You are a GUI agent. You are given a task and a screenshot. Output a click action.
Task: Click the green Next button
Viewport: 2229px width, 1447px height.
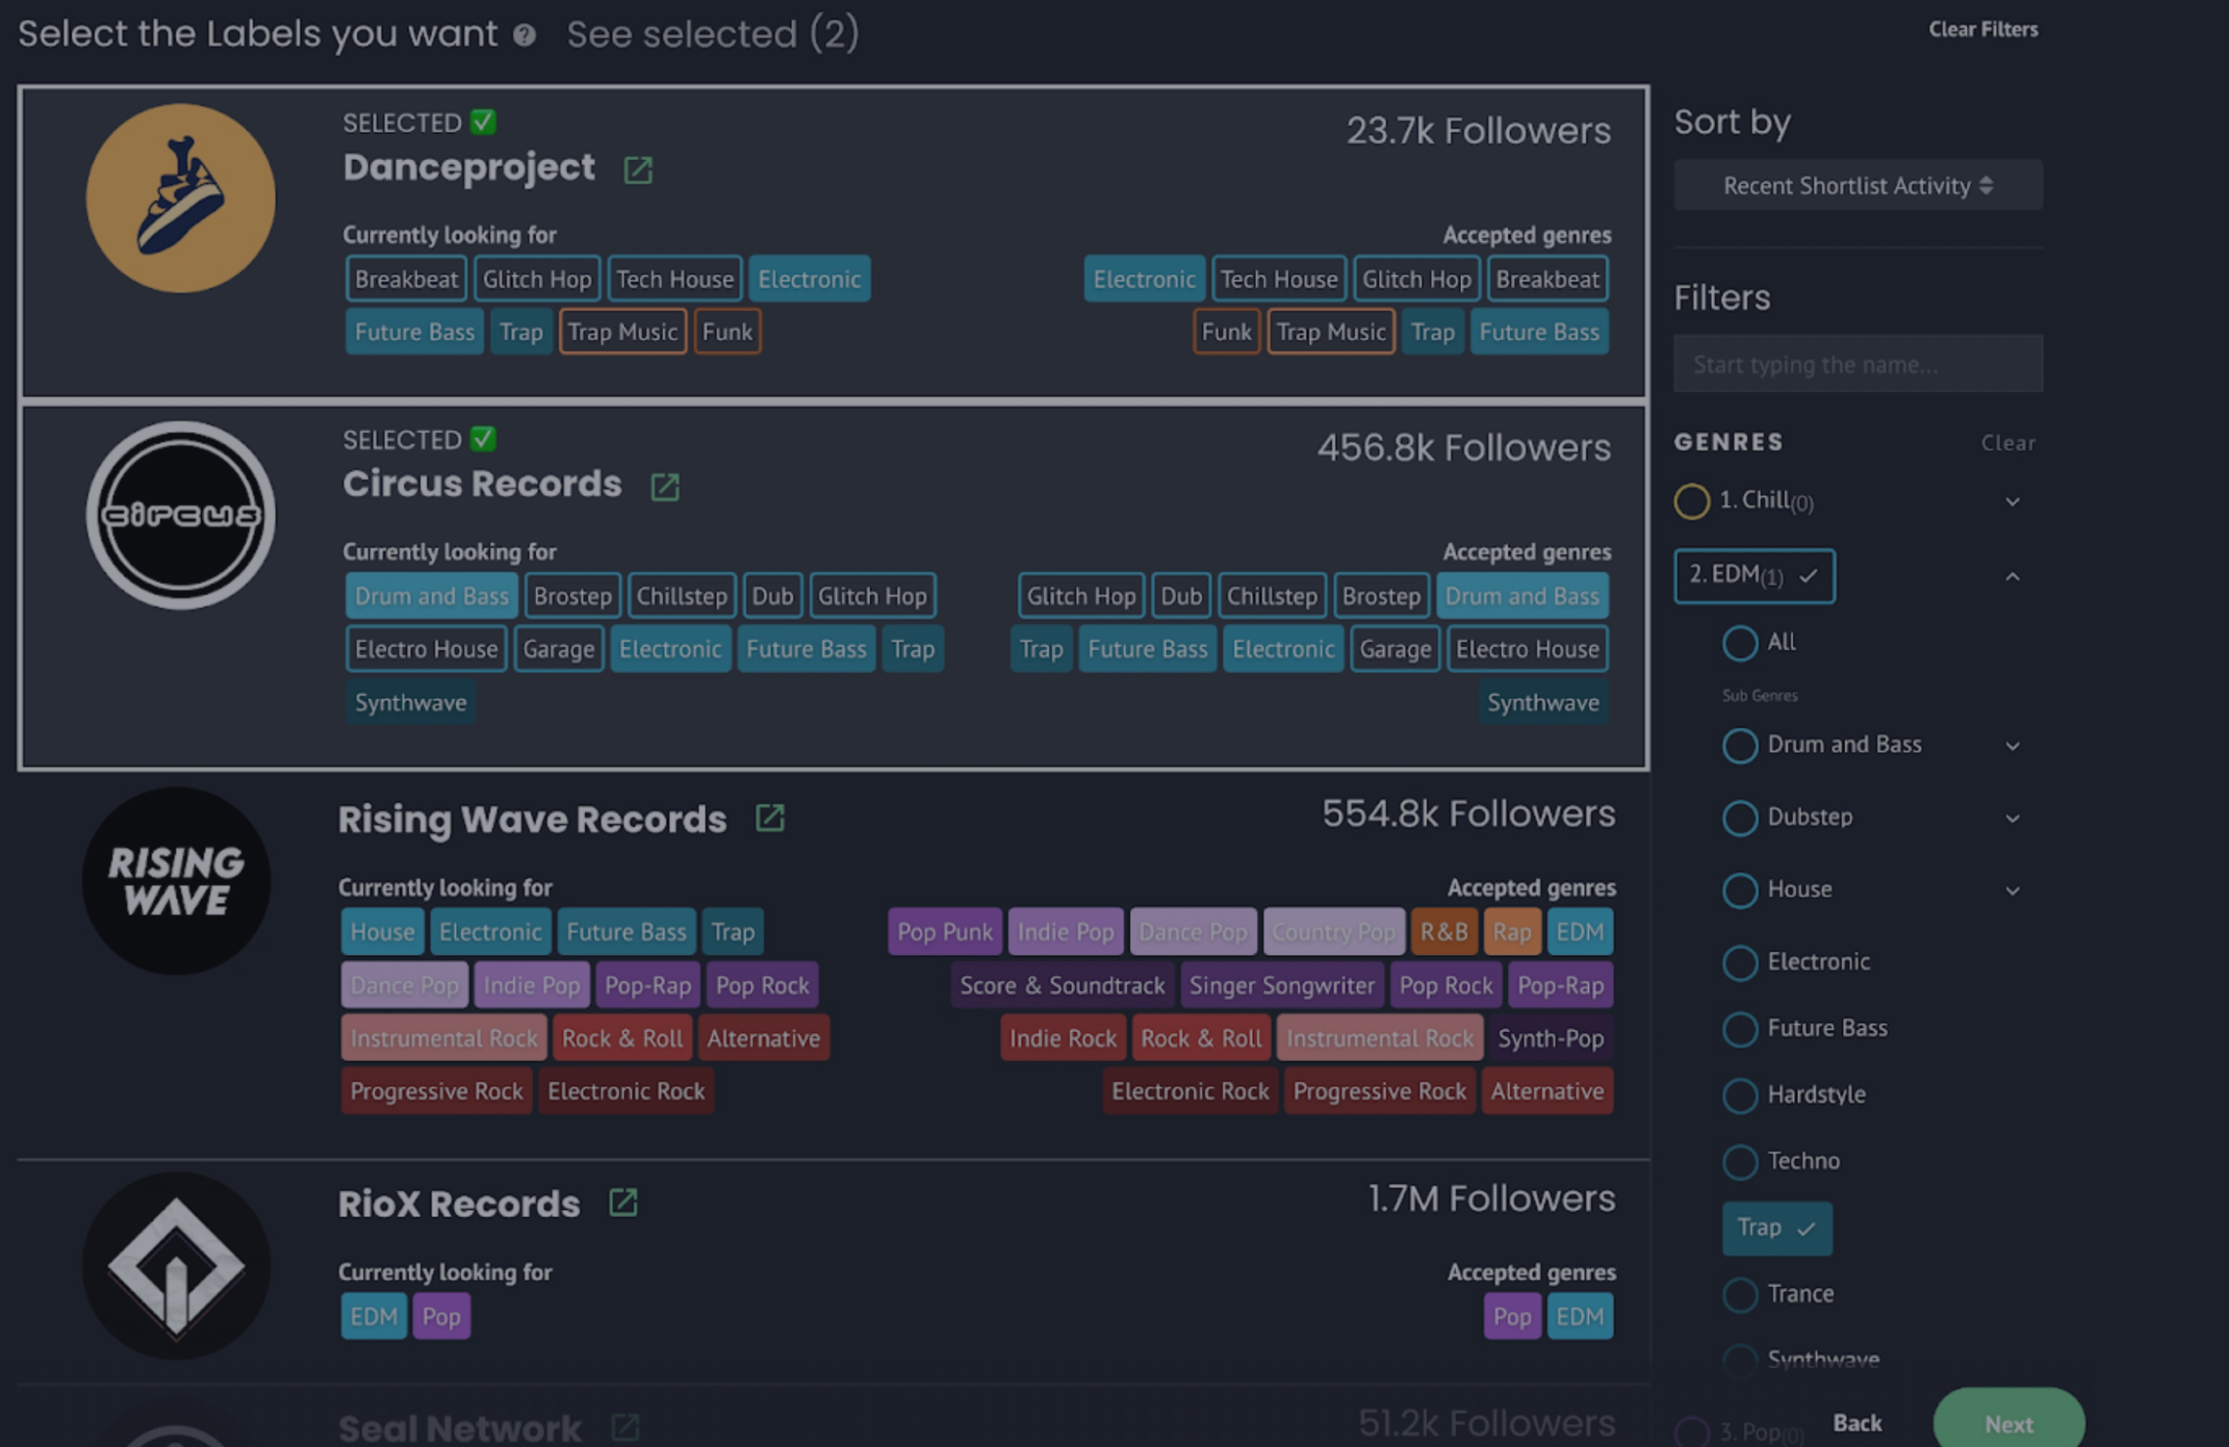click(2008, 1423)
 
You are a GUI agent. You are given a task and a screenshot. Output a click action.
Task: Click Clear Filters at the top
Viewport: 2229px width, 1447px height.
click(1983, 30)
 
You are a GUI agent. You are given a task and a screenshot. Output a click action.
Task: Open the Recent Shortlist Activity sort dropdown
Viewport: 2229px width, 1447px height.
click(1857, 186)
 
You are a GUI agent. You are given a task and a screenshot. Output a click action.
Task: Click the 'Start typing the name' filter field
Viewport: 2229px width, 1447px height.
click(1857, 363)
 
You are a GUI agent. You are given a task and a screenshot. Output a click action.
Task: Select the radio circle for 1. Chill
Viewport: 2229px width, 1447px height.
click(1691, 501)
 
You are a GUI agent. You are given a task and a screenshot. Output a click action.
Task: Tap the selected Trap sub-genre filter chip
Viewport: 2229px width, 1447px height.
click(1775, 1228)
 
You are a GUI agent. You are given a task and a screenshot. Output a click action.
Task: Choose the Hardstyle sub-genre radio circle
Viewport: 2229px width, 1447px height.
click(1739, 1094)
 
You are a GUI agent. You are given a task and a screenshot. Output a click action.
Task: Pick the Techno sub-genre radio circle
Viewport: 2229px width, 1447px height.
click(1739, 1162)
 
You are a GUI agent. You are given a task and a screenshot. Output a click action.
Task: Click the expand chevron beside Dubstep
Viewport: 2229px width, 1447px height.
click(2012, 818)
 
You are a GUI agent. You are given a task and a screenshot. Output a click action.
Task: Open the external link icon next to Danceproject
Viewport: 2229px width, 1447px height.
click(638, 170)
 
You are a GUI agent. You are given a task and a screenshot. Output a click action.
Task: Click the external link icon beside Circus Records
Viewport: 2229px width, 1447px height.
click(665, 487)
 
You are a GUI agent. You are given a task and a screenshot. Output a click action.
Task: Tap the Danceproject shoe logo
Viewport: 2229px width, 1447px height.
click(181, 198)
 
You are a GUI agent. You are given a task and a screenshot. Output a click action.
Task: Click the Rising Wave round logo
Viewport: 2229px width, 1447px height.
click(176, 880)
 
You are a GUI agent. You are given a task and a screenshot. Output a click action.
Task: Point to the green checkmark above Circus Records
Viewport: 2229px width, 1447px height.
click(483, 438)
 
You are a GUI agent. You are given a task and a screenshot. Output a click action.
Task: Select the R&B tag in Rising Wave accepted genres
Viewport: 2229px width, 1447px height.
click(1443, 932)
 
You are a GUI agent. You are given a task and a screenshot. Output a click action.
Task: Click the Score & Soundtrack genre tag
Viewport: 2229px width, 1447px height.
click(1061, 986)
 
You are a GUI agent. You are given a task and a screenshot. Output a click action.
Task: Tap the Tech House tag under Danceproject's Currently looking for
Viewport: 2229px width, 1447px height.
click(675, 279)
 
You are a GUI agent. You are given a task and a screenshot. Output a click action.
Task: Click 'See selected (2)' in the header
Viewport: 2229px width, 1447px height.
click(712, 35)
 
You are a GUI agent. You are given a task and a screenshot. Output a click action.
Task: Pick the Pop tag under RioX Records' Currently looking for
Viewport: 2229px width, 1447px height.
click(441, 1316)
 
